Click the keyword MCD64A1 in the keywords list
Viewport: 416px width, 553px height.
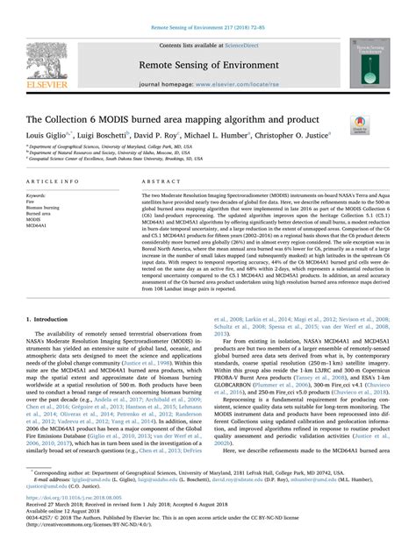pyautogui.click(x=39, y=225)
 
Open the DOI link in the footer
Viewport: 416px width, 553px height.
pyautogui.click(x=87, y=512)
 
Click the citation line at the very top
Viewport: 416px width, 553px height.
pyautogui.click(x=207, y=5)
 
